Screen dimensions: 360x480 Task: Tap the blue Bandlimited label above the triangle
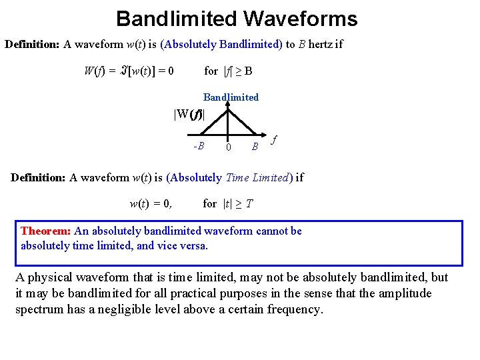231,97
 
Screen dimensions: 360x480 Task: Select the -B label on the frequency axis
198,146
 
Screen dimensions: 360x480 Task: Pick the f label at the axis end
274,141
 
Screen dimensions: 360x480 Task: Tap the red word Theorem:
45,231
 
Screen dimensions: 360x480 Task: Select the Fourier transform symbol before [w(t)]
123,71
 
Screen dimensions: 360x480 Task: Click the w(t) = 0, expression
150,203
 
